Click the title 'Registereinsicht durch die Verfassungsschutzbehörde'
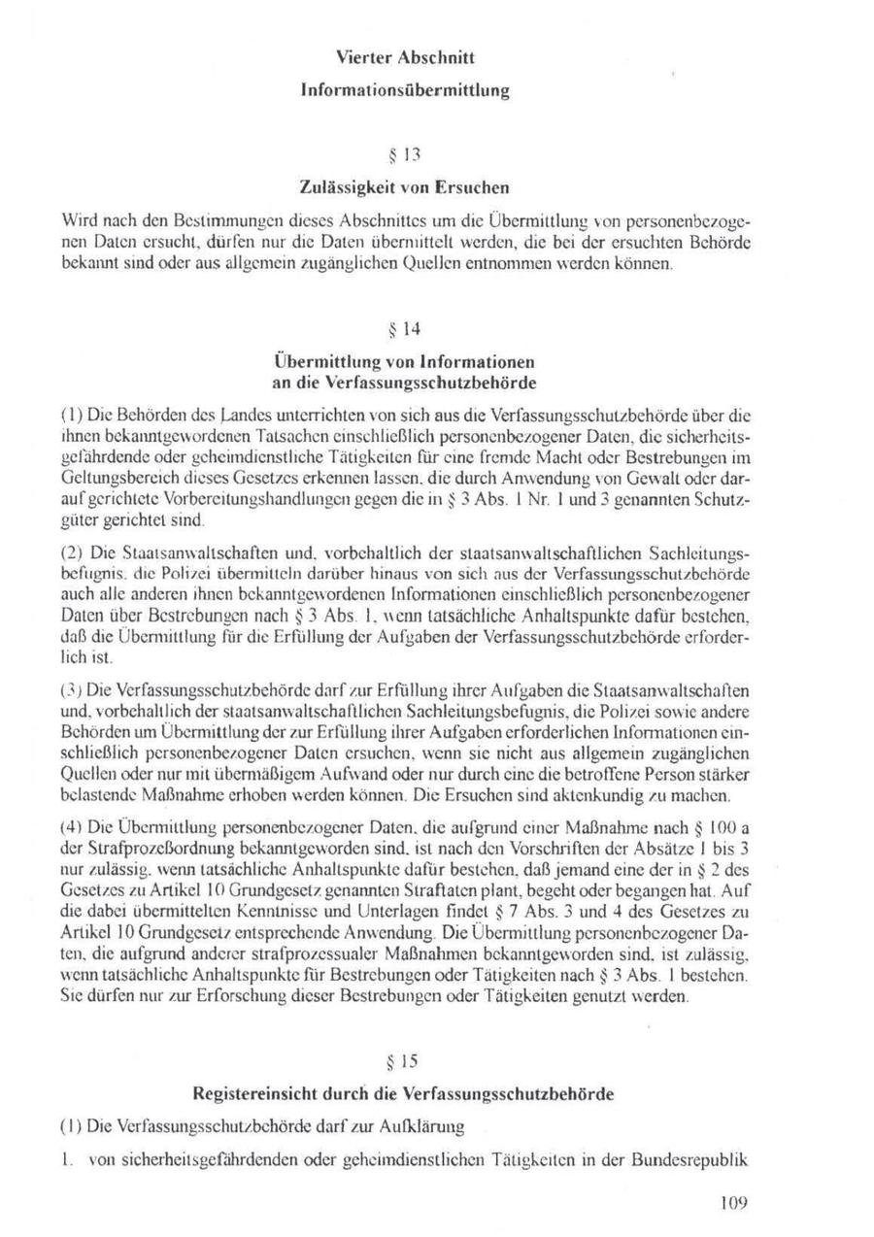tap(403, 1094)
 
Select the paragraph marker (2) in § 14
tap(70, 553)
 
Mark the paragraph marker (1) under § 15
tap(70, 1126)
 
